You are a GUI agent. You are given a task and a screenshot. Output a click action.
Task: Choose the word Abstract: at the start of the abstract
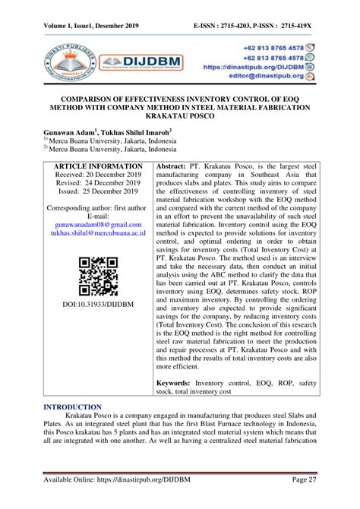177,166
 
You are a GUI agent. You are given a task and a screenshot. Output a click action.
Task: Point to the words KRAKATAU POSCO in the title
180,118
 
